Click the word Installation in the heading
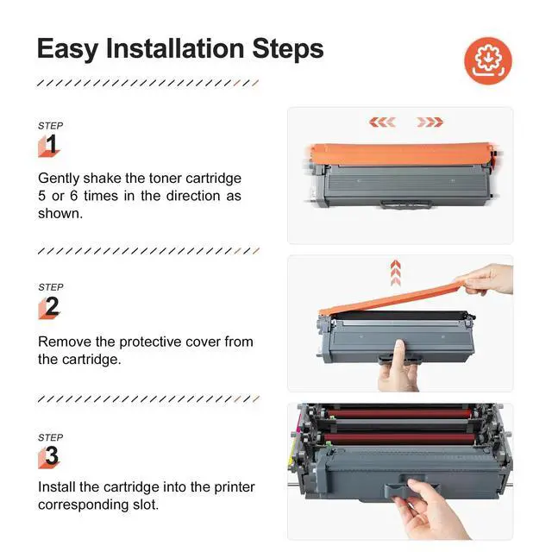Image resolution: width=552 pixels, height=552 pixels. pyautogui.click(x=175, y=48)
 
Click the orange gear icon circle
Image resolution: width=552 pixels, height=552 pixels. pyautogui.click(x=488, y=61)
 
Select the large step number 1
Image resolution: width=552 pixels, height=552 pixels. pyautogui.click(x=52, y=144)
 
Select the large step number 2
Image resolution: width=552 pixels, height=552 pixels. pyautogui.click(x=52, y=306)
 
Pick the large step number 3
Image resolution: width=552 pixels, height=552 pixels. pyautogui.click(x=52, y=455)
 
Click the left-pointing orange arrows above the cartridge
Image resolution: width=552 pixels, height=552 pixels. pyautogui.click(x=382, y=122)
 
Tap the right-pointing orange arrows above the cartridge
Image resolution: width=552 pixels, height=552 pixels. pyautogui.click(x=430, y=122)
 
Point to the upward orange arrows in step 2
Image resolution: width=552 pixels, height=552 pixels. pyautogui.click(x=395, y=273)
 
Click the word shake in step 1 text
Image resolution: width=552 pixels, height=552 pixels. pyautogui.click(x=102, y=179)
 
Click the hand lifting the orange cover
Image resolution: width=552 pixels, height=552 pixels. pyautogui.click(x=487, y=279)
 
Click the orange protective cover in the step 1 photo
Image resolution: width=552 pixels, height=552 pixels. pyautogui.click(x=401, y=154)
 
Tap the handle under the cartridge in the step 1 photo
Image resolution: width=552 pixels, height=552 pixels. pyautogui.click(x=405, y=204)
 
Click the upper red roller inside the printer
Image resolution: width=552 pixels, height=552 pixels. pyautogui.click(x=398, y=413)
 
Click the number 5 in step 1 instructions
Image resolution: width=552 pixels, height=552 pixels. pyautogui.click(x=42, y=196)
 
